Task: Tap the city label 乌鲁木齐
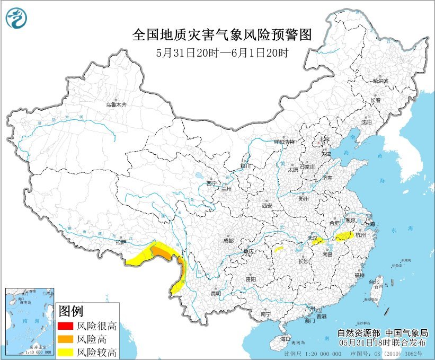tap(116, 105)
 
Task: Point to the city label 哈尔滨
tap(380, 82)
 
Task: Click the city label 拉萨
tap(121, 242)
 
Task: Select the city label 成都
tap(228, 241)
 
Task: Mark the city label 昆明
tap(216, 293)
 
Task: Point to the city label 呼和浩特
tap(283, 142)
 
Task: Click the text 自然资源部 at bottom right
tap(356, 333)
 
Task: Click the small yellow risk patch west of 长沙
tap(279, 248)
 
